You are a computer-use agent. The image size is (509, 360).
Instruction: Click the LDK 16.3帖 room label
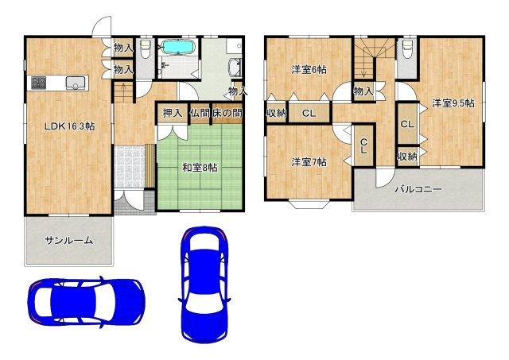[x=69, y=126]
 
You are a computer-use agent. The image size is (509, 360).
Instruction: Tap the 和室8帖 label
[x=200, y=168]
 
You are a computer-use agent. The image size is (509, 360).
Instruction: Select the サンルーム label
[x=69, y=240]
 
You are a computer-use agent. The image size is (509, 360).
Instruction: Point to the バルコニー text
[x=418, y=189]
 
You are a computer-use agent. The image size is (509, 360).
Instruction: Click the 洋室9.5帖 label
[x=453, y=103]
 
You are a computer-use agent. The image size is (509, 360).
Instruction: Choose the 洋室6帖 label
[x=309, y=70]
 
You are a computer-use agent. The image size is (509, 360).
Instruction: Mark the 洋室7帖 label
[x=309, y=162]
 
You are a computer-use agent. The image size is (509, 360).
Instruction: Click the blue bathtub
[x=177, y=47]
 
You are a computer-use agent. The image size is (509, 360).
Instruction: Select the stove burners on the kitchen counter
[x=39, y=83]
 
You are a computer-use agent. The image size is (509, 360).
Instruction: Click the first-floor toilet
[x=146, y=48]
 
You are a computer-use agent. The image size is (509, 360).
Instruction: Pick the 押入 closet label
[x=172, y=113]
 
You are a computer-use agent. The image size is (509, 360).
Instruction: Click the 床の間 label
[x=227, y=113]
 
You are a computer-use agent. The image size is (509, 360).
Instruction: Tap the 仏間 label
[x=200, y=113]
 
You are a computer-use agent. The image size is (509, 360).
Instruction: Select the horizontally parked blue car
[x=86, y=302]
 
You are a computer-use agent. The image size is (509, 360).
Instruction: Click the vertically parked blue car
[x=204, y=285]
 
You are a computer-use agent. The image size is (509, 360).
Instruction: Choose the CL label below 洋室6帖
[x=309, y=113]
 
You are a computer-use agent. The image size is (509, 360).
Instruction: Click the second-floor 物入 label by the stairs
[x=363, y=91]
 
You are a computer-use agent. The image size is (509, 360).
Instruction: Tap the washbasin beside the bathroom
[x=235, y=68]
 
